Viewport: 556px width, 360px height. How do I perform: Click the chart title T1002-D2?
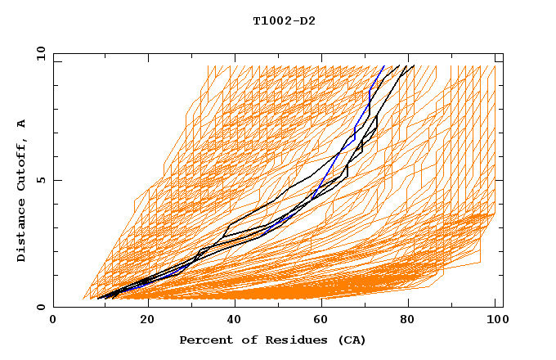pyautogui.click(x=284, y=20)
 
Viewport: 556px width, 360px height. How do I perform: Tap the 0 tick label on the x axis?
pyautogui.click(x=53, y=320)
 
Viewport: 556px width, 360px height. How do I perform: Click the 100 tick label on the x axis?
pyautogui.click(x=495, y=320)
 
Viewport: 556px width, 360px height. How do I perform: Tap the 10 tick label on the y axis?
pyautogui.click(x=40, y=53)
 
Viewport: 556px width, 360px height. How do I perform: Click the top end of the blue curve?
pyautogui.click(x=384, y=65)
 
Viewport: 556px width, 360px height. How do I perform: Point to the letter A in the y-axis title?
pyautogui.click(x=22, y=124)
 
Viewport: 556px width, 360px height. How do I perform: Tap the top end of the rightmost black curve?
pyautogui.click(x=415, y=65)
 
